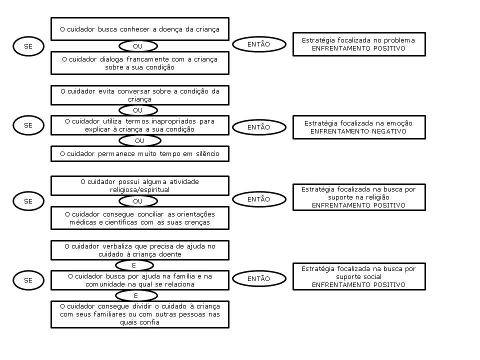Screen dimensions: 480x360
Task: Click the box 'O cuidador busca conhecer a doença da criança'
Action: coord(140,29)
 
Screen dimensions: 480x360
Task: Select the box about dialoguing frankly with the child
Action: coord(140,63)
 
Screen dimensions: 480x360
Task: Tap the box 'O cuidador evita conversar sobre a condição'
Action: coord(140,95)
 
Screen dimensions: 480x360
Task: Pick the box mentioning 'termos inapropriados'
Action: coord(140,125)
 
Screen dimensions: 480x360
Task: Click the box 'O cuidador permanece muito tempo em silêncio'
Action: coord(140,153)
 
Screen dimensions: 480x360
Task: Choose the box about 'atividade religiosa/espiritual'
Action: coord(140,185)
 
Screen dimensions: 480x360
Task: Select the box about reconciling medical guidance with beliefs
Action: coord(140,218)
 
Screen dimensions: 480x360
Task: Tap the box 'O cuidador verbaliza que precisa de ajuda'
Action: coord(140,250)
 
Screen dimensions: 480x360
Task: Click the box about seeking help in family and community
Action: coord(140,280)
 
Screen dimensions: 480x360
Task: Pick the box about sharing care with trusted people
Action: coord(140,314)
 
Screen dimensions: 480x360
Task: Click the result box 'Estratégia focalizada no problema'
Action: coord(359,44)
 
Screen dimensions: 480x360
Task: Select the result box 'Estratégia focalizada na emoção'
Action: coord(359,127)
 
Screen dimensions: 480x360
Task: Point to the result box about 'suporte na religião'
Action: coord(359,197)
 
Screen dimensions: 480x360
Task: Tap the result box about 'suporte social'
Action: coord(359,276)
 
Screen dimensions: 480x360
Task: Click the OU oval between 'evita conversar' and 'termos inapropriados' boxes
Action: coord(138,110)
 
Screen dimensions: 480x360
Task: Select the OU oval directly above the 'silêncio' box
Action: coord(140,141)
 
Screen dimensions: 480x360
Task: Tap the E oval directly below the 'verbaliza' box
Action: coord(134,265)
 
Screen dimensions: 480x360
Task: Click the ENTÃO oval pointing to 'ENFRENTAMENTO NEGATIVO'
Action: coord(259,127)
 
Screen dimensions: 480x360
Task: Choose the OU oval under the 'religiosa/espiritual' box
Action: coord(138,201)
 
